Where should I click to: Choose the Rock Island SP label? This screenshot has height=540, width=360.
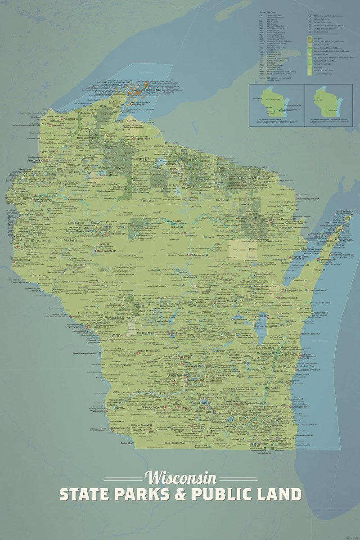346,212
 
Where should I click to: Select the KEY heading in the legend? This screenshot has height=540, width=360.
309,12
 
